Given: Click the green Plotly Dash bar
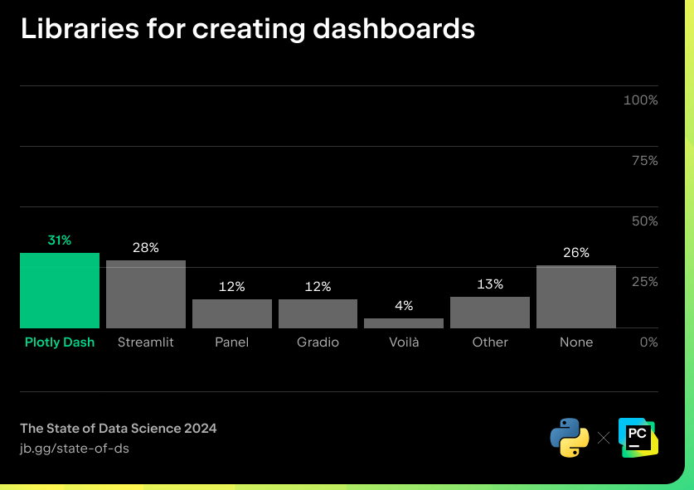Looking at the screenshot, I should pos(60,290).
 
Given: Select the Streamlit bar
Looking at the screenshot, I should pos(146,294).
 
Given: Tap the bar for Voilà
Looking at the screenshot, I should pos(404,323).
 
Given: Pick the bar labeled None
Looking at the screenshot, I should pos(576,297).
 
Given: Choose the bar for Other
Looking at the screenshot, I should pos(490,313).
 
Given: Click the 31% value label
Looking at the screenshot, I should pos(60,240).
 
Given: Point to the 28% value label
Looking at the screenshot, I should pos(146,248).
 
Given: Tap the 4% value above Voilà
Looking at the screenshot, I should pos(404,306).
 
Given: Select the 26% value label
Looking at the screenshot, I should pos(576,253).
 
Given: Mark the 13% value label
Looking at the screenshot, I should pos(490,284).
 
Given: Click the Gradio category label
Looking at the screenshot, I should pos(318,342).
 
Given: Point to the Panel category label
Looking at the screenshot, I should pos(232,342).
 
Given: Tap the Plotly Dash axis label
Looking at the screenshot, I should pos(60,342).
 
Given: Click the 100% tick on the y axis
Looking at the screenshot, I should pos(640,100).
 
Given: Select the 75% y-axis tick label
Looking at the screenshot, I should pos(644,161).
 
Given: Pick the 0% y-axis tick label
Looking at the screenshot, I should pos(648,342).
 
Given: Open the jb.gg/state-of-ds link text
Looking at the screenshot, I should pos(75,449).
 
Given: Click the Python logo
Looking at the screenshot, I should pos(570,437).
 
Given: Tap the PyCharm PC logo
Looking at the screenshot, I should pos(638,437).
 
